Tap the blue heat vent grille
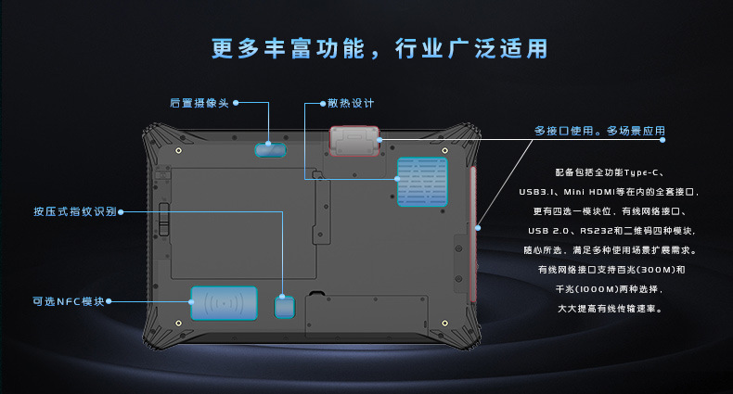click(x=422, y=181)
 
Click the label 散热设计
click(x=351, y=102)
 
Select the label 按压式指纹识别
click(x=74, y=211)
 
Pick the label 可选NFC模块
click(x=68, y=300)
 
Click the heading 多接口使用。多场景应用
click(x=599, y=131)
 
